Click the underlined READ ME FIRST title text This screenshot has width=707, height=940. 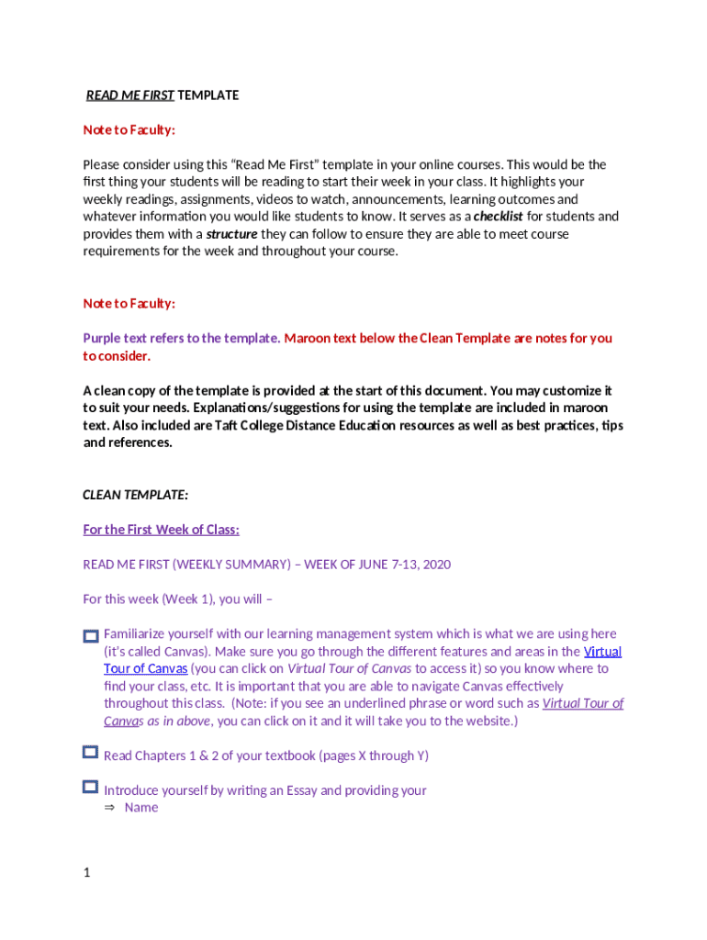coord(129,95)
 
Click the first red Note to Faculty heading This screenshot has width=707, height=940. coord(129,130)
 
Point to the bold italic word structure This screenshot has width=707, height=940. coord(231,234)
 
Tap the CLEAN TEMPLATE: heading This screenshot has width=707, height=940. coord(135,495)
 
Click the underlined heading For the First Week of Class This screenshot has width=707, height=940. coord(161,530)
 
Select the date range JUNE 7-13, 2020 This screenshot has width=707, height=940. coord(402,565)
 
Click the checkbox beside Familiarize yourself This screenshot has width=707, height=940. coord(90,635)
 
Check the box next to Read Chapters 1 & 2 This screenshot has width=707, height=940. coord(90,753)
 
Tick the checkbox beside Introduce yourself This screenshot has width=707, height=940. coord(90,787)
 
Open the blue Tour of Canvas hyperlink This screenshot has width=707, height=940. coord(145,669)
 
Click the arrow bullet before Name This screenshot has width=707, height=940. coord(109,808)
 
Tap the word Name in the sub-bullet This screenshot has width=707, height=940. coord(141,808)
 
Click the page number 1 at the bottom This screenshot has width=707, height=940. coord(86,873)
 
